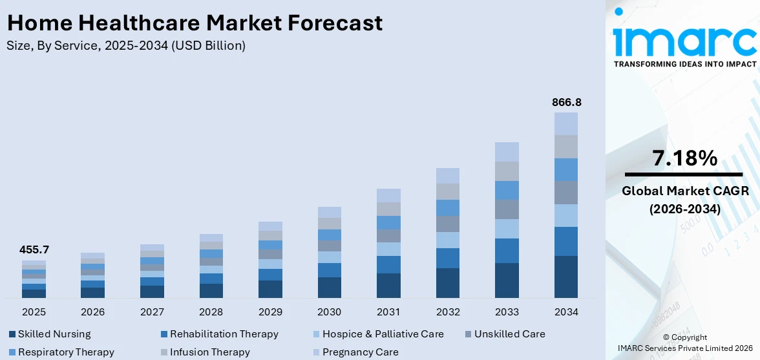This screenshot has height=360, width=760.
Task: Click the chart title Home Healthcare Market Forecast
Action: coord(195,23)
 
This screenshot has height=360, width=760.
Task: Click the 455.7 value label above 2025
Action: coord(34,249)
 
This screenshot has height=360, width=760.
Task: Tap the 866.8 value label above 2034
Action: coord(566,102)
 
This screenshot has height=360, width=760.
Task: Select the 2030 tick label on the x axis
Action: coord(329,312)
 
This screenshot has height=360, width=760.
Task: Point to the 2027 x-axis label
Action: coord(152,312)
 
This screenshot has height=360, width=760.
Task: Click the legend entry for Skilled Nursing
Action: coord(54,334)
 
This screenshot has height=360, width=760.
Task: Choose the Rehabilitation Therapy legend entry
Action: coord(224,334)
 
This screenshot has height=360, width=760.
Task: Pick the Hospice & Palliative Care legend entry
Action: coord(383,334)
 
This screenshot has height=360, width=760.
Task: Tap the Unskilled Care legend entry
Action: coord(509,334)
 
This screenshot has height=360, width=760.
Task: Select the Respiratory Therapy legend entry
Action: coord(66,352)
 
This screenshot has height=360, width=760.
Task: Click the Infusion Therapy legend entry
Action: coord(209,352)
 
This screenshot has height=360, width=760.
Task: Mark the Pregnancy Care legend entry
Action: coord(360,352)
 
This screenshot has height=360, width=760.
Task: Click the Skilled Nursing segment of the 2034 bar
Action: coord(566,277)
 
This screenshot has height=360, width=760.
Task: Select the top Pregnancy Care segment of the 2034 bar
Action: coord(566,123)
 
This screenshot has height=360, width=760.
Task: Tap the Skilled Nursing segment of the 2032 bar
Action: coord(448,282)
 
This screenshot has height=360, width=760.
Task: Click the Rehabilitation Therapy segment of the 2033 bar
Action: coord(507,251)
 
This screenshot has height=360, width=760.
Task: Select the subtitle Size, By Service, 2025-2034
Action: coord(126,46)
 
